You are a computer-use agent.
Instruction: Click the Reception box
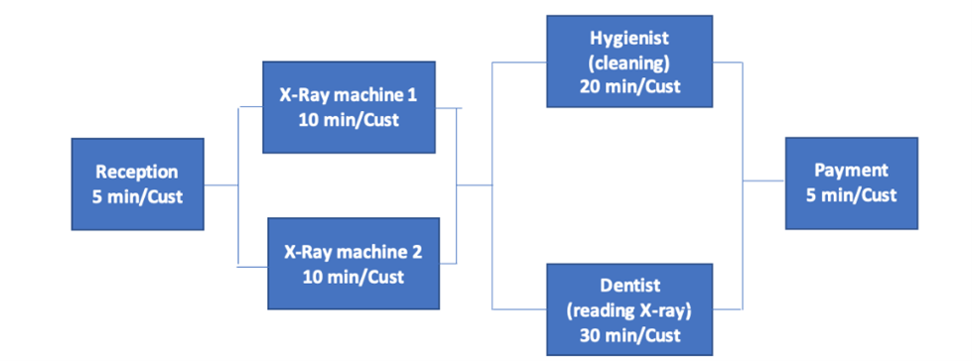[x=137, y=185]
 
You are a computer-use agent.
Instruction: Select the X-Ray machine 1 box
[x=347, y=108]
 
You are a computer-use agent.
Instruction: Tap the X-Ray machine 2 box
[x=352, y=264]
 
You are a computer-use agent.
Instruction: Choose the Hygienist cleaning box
[x=627, y=61]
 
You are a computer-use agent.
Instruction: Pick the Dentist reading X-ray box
[x=627, y=308]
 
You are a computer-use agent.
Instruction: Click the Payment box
[x=851, y=183]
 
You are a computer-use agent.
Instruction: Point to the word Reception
[x=137, y=173]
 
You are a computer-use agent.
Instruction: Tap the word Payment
[x=851, y=171]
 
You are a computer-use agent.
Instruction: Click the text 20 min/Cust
[x=627, y=85]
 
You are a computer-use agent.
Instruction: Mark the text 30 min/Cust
[x=627, y=334]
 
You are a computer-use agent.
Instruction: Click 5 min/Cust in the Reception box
[x=137, y=196]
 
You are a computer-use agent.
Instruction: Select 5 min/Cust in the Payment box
[x=851, y=194]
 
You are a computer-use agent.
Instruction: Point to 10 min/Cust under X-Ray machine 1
[x=347, y=120]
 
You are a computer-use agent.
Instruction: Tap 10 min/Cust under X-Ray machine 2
[x=352, y=277]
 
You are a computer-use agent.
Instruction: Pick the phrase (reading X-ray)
[x=627, y=309]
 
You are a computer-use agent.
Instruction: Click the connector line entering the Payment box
[x=764, y=180]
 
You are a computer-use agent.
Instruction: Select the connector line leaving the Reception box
[x=220, y=185]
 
